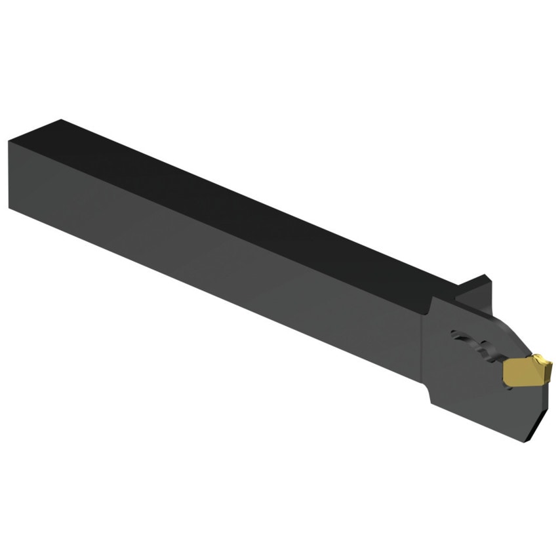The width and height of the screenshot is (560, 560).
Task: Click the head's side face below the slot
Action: (472, 393)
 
